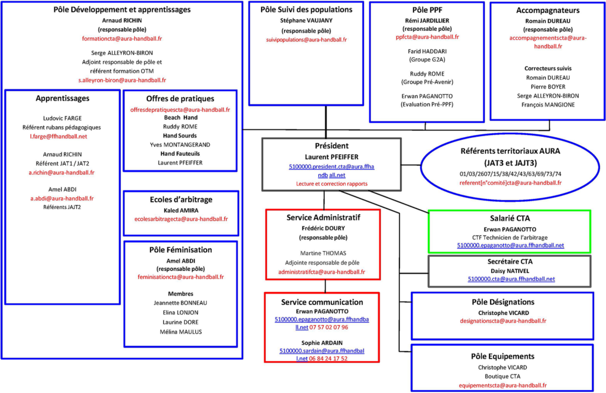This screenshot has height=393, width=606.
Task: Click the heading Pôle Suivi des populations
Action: pos(306,9)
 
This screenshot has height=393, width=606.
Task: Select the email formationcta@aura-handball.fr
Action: pos(122,38)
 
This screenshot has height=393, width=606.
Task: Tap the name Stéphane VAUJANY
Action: pos(306,21)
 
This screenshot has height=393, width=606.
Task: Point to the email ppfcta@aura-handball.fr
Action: pos(427,37)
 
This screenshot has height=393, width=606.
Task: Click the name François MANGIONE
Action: pos(548,105)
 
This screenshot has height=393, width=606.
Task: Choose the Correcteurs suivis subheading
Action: pos(548,69)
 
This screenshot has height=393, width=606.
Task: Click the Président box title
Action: pos(331,146)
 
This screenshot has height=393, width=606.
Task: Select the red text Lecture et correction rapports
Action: pos(331,184)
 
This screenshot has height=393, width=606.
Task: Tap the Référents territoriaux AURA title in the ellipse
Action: pos(510,151)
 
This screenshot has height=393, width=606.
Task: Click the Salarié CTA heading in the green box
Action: pos(510,218)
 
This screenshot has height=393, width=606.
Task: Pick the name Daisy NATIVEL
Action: pos(510,271)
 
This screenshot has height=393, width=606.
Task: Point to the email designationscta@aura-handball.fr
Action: pos(503,321)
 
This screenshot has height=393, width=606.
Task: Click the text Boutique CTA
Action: pos(502,376)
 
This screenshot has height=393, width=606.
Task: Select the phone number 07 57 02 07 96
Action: pos(328,327)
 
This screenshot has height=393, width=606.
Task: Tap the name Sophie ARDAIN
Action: pos(322,343)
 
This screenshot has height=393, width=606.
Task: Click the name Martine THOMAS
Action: pos(323,253)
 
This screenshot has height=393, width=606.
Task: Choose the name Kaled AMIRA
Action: pos(181,211)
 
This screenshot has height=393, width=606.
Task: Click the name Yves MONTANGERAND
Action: pos(180,145)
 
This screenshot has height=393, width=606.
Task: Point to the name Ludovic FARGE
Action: pos(62,118)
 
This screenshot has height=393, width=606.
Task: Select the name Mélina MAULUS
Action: pos(181,332)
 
